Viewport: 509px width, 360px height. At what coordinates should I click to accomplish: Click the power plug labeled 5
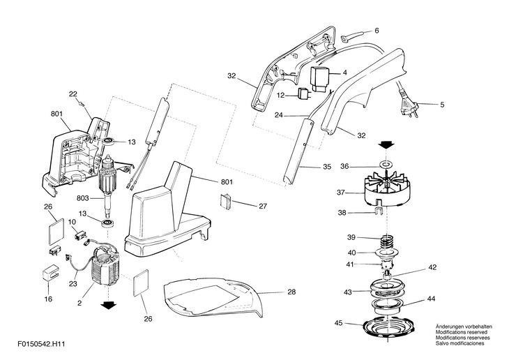409,107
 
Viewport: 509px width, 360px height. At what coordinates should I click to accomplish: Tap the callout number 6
377,31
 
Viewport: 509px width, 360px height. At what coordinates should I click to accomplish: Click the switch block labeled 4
320,79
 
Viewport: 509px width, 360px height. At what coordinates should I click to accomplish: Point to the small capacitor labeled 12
303,94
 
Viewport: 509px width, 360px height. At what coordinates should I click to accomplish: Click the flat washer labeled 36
386,164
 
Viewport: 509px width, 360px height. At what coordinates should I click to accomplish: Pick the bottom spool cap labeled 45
388,329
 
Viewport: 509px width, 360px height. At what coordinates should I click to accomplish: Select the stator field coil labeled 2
105,266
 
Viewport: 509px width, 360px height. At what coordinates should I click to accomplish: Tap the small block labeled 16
50,273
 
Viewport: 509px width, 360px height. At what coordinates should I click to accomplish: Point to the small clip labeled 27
226,200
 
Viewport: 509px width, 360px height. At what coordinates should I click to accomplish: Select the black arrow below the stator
108,305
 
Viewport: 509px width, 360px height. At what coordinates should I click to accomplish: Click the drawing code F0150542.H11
42,344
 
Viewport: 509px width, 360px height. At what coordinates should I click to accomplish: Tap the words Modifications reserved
462,332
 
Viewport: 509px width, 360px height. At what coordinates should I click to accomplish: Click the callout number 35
327,167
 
